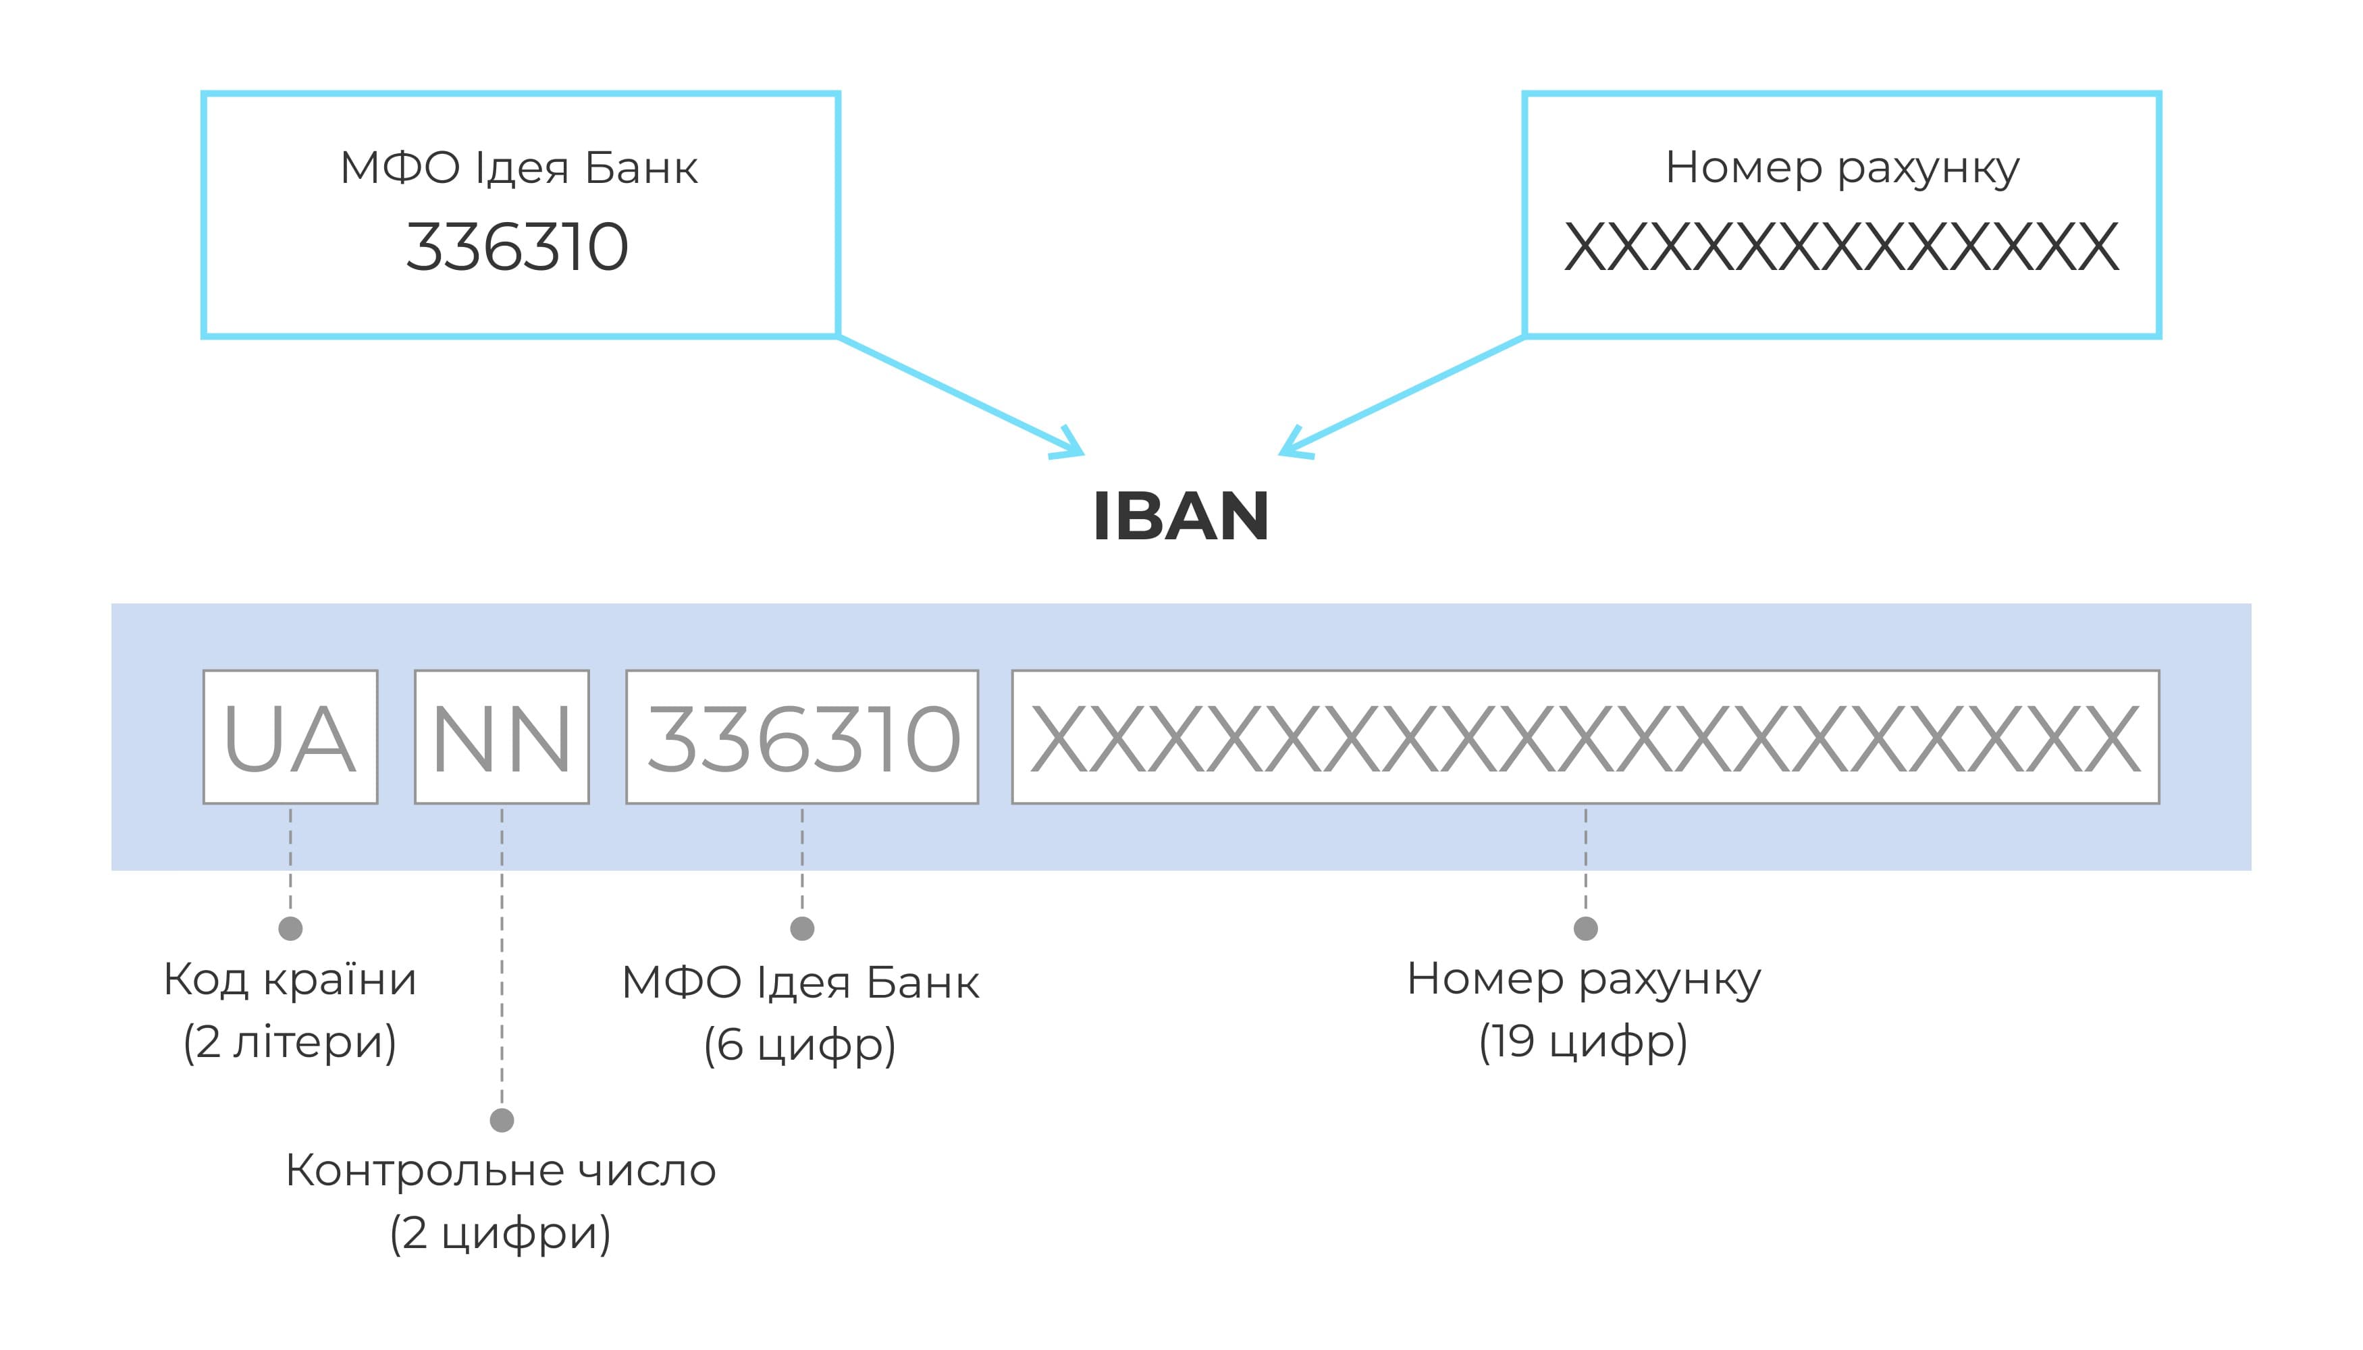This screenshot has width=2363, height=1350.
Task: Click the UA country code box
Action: coord(290,737)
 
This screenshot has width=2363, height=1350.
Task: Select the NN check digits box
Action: coord(502,737)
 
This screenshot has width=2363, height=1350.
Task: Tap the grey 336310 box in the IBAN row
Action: coord(802,737)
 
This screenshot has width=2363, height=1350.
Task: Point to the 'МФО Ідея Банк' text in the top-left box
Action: coord(519,169)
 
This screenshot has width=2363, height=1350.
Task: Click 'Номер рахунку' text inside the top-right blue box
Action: coord(1842,169)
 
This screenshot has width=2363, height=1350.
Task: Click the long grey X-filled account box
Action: coord(1585,737)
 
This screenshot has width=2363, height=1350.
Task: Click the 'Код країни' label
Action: coord(290,979)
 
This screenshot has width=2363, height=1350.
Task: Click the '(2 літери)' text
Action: coord(290,1042)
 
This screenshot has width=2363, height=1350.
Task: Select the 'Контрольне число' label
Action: coord(501,1170)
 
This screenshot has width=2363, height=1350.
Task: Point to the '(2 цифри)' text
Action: coord(501,1233)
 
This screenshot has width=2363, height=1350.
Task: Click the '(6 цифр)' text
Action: coord(799,1045)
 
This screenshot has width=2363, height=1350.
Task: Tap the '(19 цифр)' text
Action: coord(1583,1042)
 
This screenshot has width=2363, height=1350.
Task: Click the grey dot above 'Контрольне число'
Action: coord(502,1120)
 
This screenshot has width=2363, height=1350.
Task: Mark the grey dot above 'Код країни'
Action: coord(290,928)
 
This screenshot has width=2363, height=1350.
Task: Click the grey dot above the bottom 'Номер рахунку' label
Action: coord(1586,928)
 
